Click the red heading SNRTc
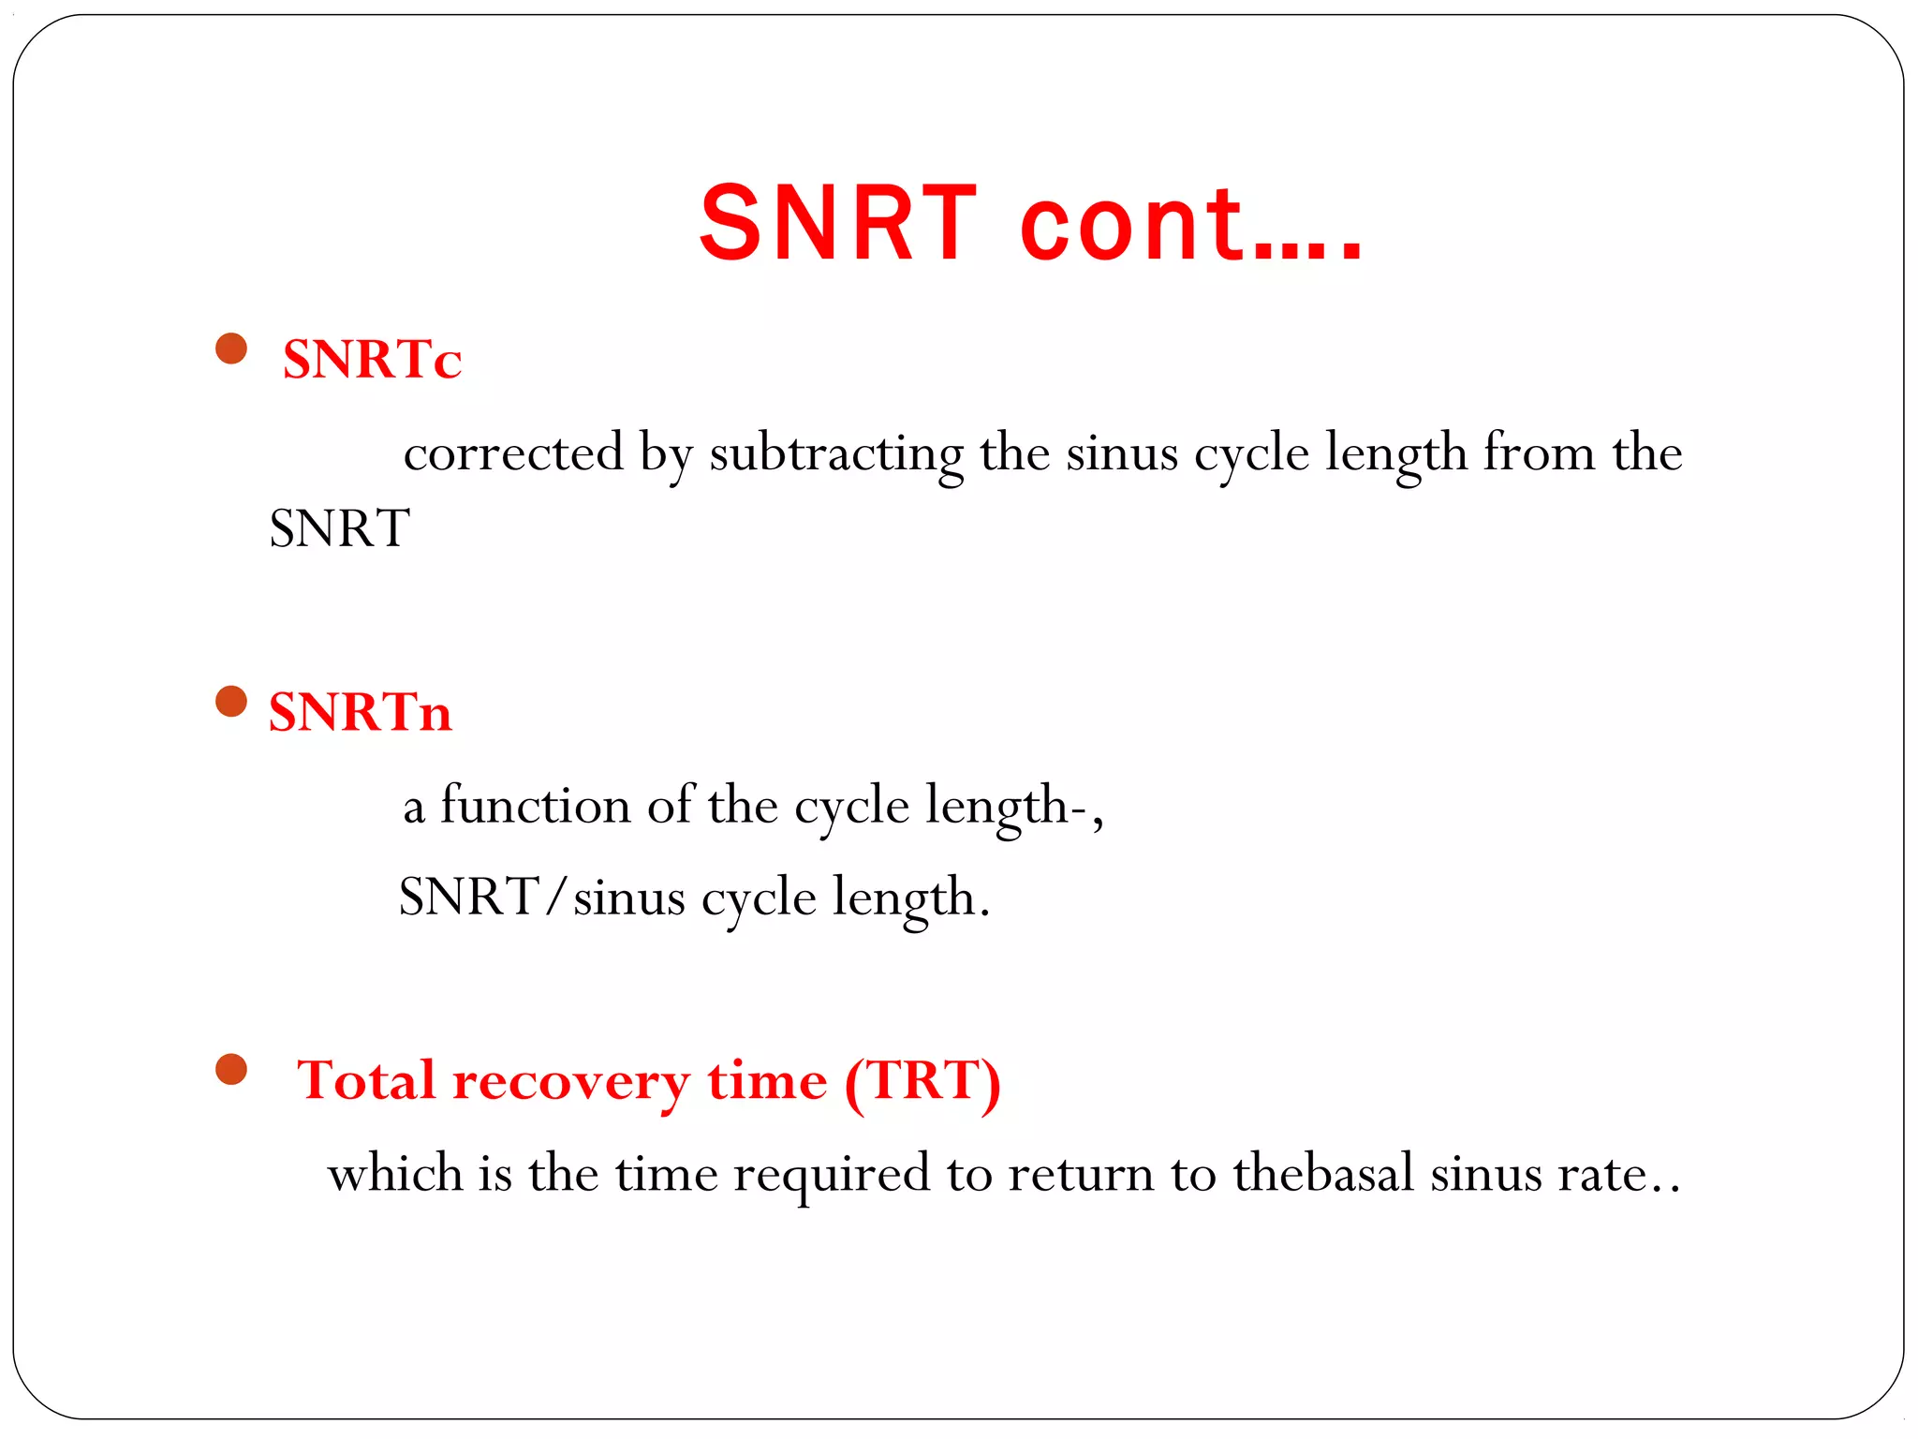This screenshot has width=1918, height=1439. click(372, 359)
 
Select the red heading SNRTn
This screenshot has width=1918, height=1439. click(360, 712)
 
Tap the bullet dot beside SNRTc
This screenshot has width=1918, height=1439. click(230, 349)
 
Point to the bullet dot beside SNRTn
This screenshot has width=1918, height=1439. click(230, 701)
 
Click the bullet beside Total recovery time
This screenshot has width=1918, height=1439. click(230, 1069)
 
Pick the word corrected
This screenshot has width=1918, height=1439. click(513, 453)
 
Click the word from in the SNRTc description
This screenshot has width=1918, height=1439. click(1539, 453)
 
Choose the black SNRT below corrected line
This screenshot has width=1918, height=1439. click(339, 528)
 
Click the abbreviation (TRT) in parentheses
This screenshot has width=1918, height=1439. click(922, 1082)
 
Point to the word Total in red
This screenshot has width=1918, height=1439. click(366, 1080)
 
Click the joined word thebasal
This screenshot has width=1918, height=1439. click(1322, 1173)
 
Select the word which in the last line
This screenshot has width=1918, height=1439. click(395, 1173)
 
